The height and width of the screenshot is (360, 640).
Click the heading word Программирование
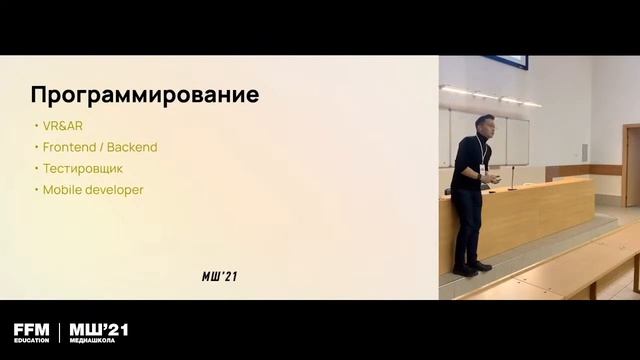[145, 96]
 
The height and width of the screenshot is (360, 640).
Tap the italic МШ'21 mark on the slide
[219, 277]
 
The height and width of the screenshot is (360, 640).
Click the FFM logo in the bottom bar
[31, 329]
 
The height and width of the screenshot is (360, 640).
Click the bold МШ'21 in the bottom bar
[98, 329]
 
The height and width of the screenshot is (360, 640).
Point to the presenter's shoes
[471, 268]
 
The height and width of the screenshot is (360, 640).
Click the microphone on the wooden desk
[512, 179]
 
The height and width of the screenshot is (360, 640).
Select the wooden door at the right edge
[630, 165]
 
